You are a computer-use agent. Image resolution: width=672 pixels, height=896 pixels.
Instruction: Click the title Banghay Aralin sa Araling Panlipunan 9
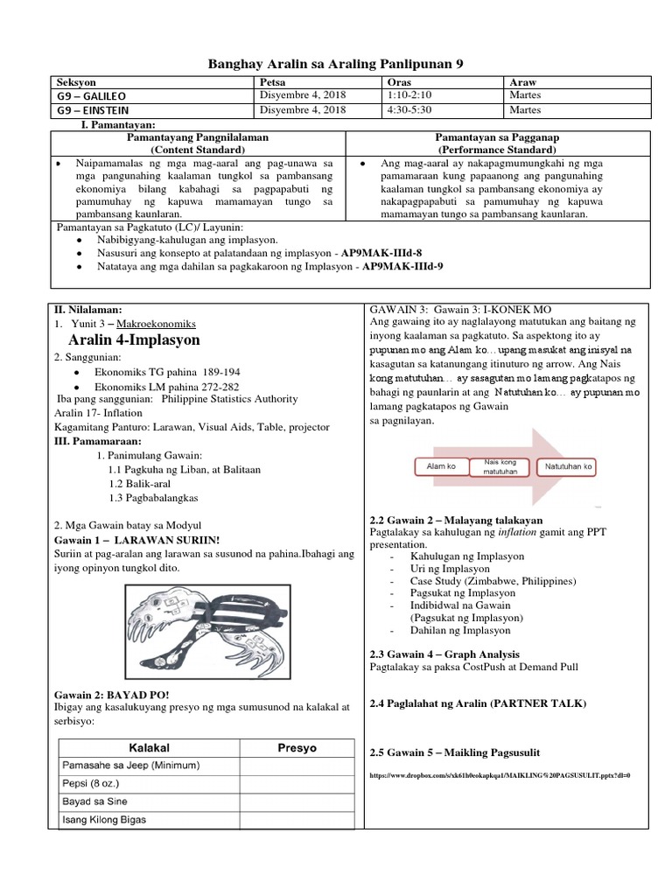335,64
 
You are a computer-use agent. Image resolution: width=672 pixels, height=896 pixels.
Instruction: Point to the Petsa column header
272,81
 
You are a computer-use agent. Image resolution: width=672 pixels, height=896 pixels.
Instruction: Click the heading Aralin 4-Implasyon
134,339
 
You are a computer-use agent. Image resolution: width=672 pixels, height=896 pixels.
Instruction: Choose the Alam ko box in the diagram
440,467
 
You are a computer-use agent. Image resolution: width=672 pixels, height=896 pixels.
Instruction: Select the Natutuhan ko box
569,467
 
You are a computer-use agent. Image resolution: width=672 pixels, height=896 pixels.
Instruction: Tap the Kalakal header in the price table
149,748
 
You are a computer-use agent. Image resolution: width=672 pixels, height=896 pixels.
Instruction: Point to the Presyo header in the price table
297,748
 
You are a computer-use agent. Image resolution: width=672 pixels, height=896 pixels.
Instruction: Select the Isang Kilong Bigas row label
104,820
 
